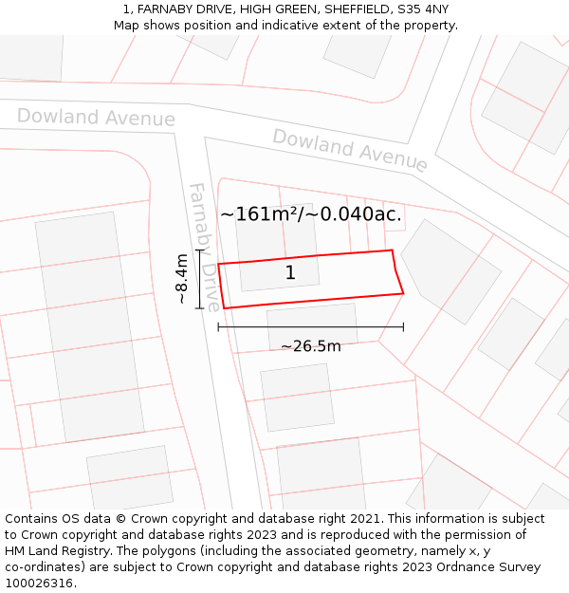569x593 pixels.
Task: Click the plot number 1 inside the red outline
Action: tap(290, 273)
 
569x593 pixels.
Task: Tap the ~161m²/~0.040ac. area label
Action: tap(311, 214)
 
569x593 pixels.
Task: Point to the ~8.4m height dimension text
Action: tap(182, 279)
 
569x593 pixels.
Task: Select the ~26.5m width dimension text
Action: tap(311, 346)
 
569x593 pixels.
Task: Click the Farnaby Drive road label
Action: tap(205, 247)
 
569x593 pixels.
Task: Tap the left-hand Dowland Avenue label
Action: tap(96, 117)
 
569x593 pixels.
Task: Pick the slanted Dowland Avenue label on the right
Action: tap(350, 150)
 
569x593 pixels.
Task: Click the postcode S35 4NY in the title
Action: tap(424, 9)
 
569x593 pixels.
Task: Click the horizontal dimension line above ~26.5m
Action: tap(311, 327)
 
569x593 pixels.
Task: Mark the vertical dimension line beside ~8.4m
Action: tap(199, 279)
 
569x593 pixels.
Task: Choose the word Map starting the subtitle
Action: tap(127, 26)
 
